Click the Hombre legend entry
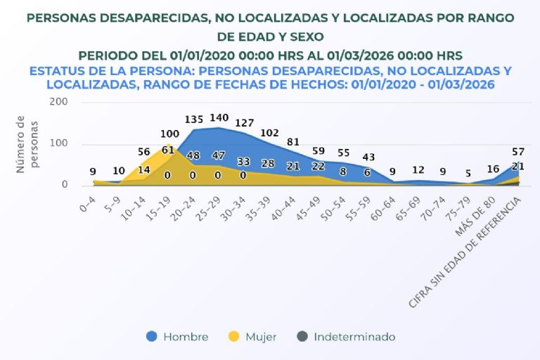pyautogui.click(x=178, y=337)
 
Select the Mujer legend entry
pyautogui.click(x=252, y=337)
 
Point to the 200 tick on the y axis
pyautogui.click(x=58, y=101)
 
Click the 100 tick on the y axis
pyautogui.click(x=58, y=144)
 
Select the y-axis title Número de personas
pyautogui.click(x=27, y=144)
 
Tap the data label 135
pyautogui.click(x=193, y=120)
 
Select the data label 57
pyautogui.click(x=517, y=152)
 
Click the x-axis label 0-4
pyautogui.click(x=88, y=205)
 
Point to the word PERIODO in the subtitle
pyautogui.click(x=107, y=55)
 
